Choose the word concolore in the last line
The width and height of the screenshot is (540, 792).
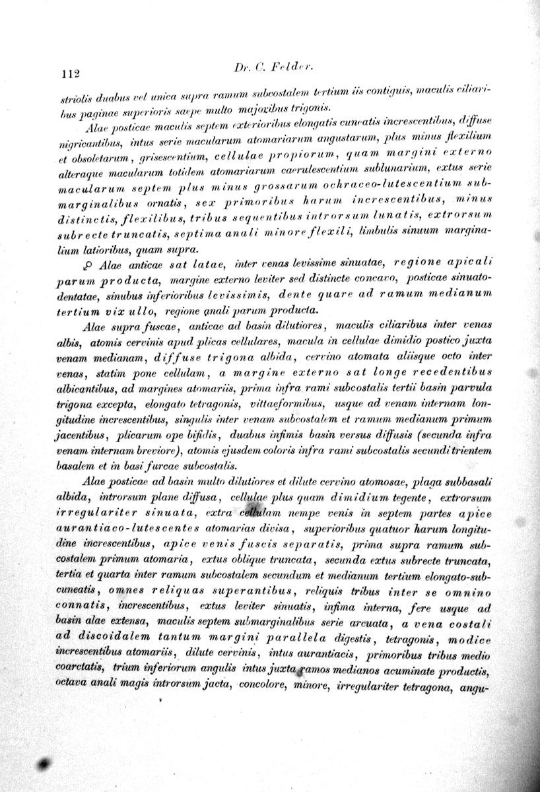click(259, 686)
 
